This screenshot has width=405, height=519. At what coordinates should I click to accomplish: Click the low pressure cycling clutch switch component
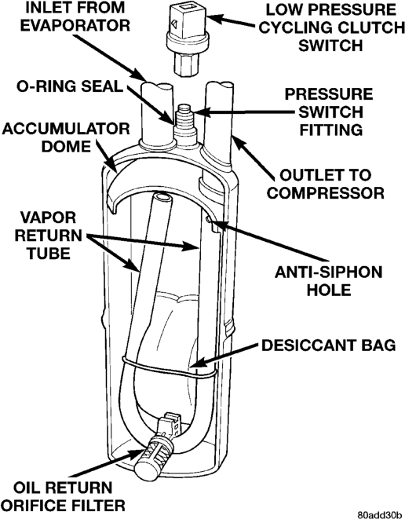[187, 39]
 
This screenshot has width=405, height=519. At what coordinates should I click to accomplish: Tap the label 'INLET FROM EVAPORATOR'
[75, 16]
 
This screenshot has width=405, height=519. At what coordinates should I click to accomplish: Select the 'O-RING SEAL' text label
[70, 86]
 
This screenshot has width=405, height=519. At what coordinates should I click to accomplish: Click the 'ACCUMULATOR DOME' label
[66, 137]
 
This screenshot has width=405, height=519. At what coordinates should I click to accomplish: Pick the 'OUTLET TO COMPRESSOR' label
[326, 184]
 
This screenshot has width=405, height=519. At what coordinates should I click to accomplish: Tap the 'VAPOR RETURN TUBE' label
[49, 236]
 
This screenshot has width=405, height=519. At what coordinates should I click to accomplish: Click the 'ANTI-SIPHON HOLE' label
[329, 281]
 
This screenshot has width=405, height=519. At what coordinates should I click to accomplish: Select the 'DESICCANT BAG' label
[329, 345]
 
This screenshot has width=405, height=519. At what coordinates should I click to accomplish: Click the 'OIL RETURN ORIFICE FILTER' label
[65, 496]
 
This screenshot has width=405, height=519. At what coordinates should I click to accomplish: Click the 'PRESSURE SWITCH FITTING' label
[329, 112]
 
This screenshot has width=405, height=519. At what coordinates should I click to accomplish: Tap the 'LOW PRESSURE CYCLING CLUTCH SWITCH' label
[331, 27]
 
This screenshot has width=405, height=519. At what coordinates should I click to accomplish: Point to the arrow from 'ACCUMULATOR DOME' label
[107, 156]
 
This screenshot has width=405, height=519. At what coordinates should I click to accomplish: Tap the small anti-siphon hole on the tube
[208, 218]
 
